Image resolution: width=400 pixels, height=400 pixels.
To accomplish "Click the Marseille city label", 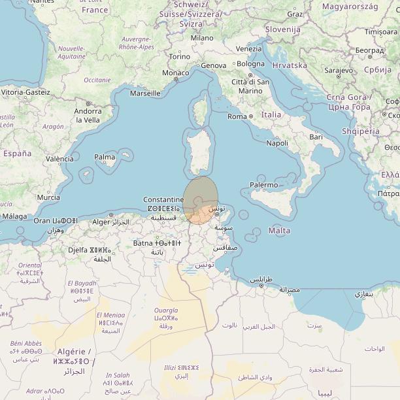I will coord(145,93).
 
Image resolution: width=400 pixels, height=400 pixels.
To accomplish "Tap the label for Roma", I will coord(237,116).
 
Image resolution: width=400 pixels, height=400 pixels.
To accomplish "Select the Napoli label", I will coord(277,143).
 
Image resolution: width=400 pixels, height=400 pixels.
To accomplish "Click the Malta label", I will coord(279,231).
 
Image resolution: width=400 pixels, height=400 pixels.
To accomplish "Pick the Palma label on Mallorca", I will coord(105,157).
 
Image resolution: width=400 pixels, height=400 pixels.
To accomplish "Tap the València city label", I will coord(59,159).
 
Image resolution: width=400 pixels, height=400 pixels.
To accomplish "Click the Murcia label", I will coord(48,197).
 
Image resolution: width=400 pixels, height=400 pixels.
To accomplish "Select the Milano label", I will coord(202,38).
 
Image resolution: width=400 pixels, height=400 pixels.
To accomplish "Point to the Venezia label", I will coord(248,49).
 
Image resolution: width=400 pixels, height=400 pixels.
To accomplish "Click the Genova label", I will coord(213,65).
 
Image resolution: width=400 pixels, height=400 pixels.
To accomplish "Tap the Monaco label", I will coord(175,73).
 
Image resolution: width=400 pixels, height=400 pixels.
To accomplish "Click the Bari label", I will coord(316,137).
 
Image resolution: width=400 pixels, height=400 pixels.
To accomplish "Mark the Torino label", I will coord(180,57).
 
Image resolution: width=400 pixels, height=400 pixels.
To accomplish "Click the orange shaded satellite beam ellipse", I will coord(199,199).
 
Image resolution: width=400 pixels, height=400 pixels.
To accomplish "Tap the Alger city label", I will coord(101,222).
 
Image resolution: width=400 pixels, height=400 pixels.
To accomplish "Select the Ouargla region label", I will coord(165,310).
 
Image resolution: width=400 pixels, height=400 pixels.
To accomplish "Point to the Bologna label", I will coord(250,64).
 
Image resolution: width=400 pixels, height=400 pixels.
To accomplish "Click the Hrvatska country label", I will coord(289,65).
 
